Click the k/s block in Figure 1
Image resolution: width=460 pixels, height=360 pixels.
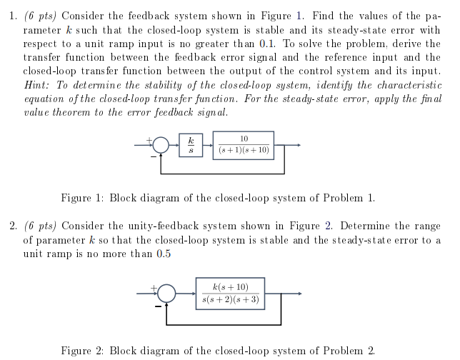[190, 145]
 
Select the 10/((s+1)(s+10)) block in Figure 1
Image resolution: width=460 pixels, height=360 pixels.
[244, 145]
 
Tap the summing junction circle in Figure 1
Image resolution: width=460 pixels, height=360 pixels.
[162, 146]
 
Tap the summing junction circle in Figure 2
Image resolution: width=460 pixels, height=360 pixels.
[166, 293]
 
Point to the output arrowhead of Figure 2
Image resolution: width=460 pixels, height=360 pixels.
[301, 293]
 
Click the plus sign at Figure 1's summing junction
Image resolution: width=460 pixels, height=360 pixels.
[149, 139]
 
